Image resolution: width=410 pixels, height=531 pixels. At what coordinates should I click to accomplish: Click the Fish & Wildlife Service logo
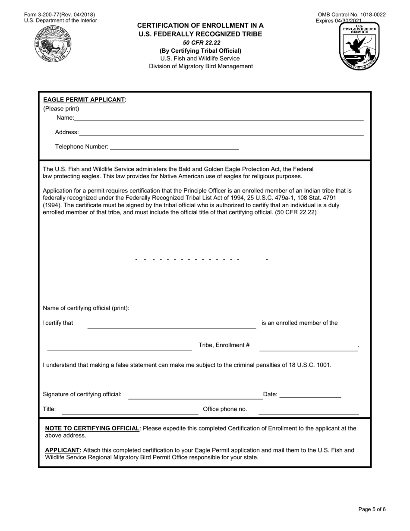359,47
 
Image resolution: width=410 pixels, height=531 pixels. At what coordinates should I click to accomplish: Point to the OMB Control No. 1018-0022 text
352,15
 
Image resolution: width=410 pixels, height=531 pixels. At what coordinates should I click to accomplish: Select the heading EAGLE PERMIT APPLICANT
85,100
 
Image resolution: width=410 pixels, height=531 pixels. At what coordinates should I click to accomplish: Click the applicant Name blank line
219,120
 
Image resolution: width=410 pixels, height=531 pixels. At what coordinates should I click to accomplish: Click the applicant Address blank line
221,134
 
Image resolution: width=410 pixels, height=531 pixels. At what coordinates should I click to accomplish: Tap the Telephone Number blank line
174,149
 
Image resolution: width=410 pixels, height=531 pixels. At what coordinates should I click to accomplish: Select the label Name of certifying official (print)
86,308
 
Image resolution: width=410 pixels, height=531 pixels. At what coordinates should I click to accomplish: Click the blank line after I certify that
172,327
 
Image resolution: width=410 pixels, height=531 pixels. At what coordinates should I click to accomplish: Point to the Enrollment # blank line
308,349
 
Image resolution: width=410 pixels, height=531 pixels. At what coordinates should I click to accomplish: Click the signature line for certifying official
195,398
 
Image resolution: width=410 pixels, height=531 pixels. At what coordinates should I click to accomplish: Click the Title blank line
130,413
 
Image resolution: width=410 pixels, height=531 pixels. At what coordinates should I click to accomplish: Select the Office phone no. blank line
308,413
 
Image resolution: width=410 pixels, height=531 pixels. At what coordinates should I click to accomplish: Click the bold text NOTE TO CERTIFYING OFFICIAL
92,429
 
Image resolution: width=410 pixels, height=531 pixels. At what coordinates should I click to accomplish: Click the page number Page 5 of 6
372,509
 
